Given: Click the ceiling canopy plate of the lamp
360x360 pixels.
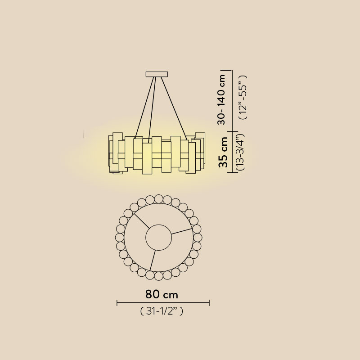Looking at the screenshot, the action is pos(157,74).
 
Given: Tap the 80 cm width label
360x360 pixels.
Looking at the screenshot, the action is pos(162,294).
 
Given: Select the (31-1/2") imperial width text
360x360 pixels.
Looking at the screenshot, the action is pos(162,311).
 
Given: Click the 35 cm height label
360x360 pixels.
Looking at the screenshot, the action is pos(223,152).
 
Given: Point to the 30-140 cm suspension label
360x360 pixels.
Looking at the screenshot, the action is pos(221,99).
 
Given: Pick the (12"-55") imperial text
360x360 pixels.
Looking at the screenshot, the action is pos(243,97).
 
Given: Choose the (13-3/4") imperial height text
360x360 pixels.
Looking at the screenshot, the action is pos(240,152).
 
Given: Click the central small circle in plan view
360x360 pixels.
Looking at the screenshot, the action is pos(159,238).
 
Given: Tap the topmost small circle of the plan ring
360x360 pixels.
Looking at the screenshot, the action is pos(159,199).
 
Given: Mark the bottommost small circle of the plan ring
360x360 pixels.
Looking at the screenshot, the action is pos(159,276).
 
